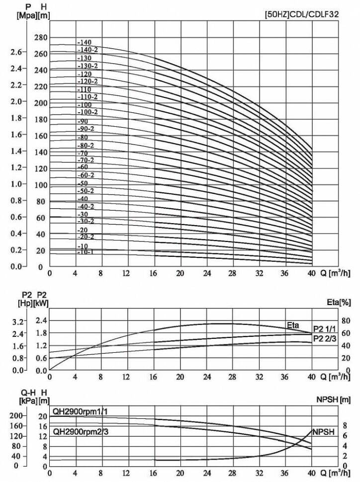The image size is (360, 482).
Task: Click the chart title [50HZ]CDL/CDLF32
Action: pos(302,15)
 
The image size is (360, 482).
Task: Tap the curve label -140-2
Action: pos(88,50)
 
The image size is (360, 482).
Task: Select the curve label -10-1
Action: pos(86,252)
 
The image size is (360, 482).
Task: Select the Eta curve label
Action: pos(292,325)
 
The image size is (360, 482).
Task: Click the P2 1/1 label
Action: pos(324,330)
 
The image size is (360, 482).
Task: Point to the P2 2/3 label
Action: pos(324,338)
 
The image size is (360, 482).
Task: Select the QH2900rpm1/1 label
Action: pos(81,411)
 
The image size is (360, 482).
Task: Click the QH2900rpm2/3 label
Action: pos(81,432)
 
